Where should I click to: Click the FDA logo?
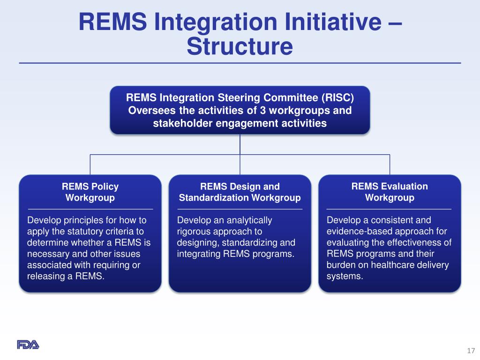point(28,345)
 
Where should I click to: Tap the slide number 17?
point(471,351)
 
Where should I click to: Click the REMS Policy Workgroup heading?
point(90,192)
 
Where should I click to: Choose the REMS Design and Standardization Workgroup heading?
point(240,192)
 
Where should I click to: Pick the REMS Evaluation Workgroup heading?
point(390,192)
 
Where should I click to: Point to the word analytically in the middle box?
point(249,220)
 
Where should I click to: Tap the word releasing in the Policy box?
point(45,276)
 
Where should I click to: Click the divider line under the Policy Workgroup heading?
point(90,209)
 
